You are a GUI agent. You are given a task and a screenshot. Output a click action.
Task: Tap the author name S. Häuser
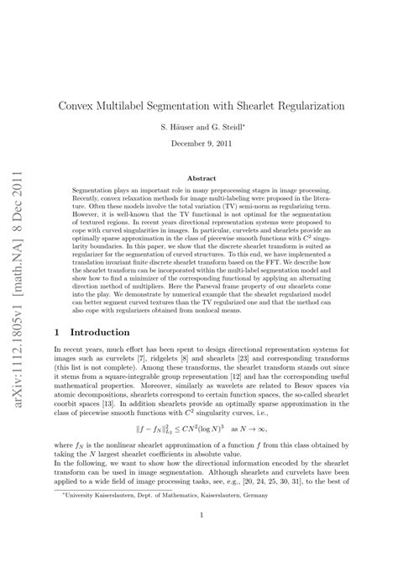click(179, 126)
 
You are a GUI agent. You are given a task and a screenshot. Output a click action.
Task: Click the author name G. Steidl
click(233, 126)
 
